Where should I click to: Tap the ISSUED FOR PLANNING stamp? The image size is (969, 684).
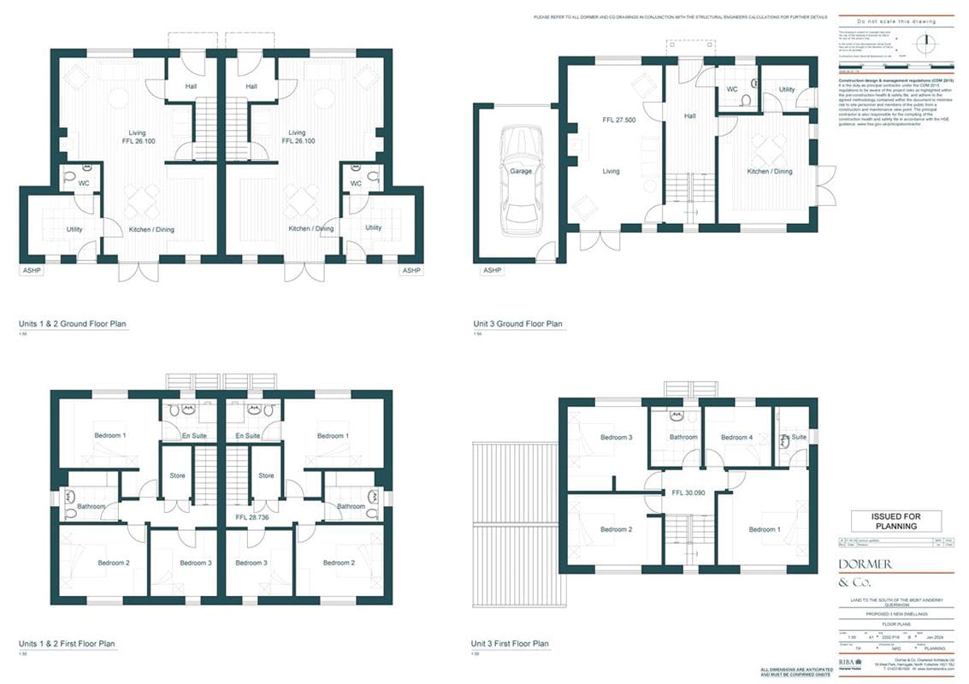pos(895,521)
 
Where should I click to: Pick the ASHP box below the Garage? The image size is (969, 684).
pos(492,270)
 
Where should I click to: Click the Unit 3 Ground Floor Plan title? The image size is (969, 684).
pos(518,324)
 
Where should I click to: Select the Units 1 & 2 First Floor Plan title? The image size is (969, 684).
pos(67,644)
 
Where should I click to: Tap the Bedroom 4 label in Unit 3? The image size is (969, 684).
pos(737,438)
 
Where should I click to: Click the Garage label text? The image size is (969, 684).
pos(520,171)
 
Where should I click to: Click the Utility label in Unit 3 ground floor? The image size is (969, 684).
pos(786,90)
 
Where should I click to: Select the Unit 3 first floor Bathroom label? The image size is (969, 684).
pos(682,438)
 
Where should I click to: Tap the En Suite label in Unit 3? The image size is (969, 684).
pos(794,437)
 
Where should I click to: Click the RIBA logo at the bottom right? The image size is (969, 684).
pos(850,662)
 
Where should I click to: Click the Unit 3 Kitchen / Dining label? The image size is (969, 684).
pos(770,171)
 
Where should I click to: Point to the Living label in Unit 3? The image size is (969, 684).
pos(611,171)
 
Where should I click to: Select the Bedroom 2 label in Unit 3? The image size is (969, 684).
pos(615,529)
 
